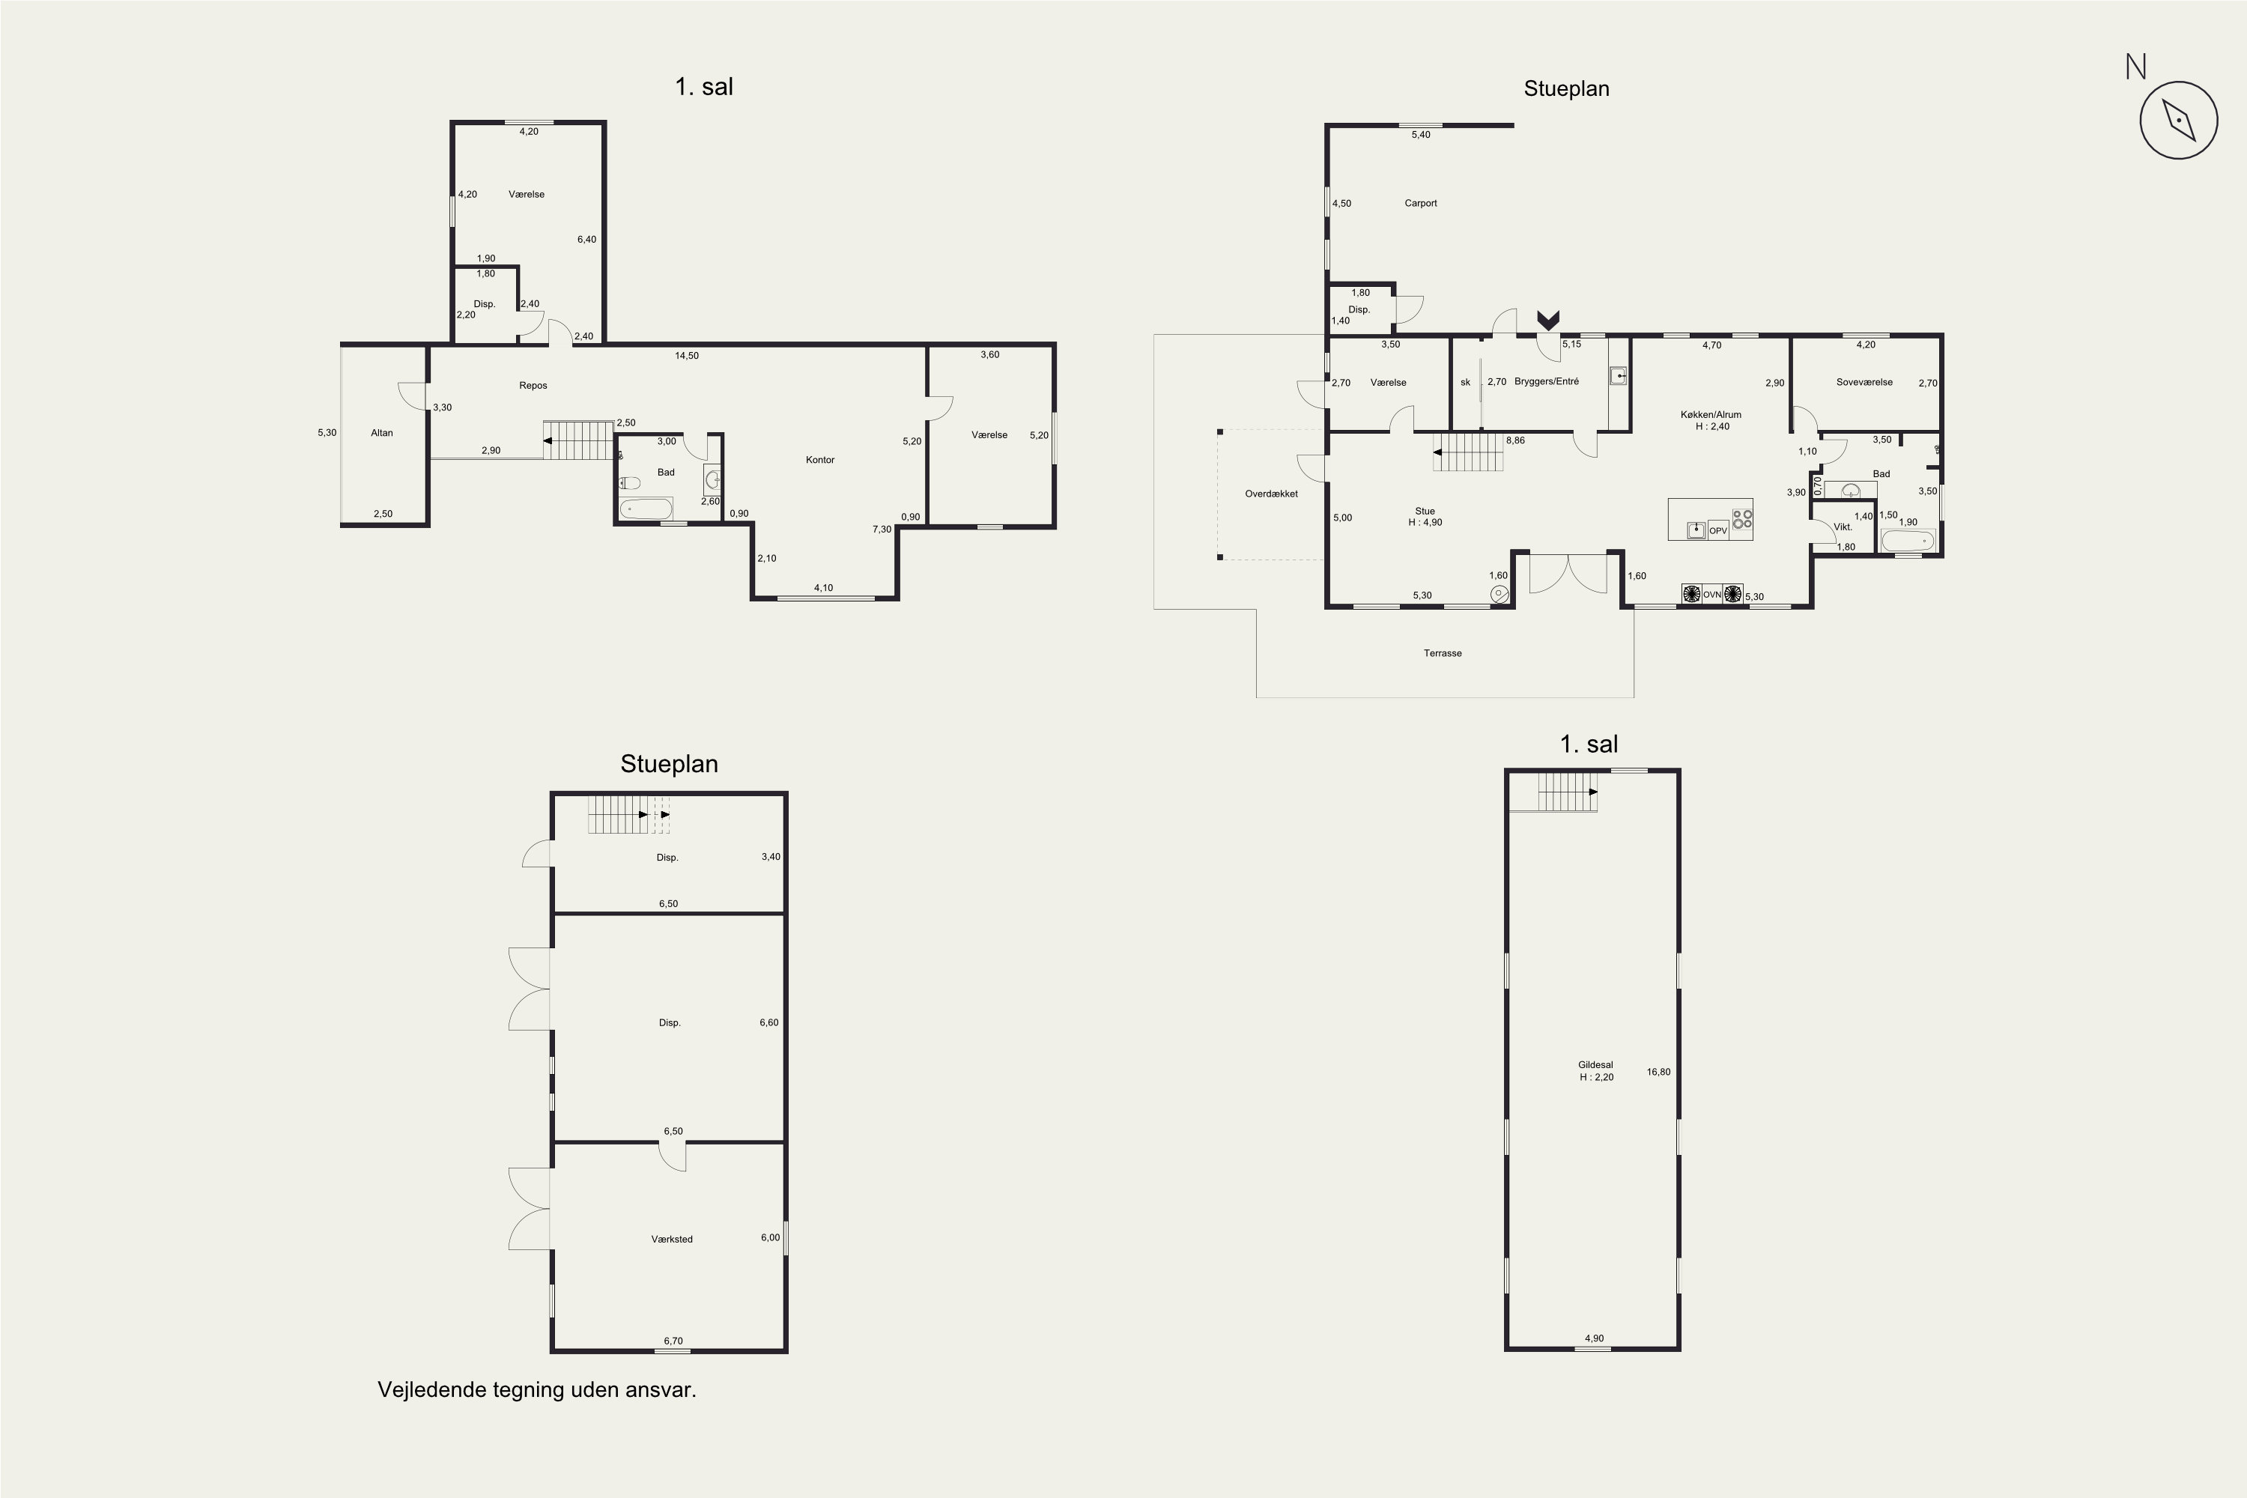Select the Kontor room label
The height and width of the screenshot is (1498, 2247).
tap(819, 460)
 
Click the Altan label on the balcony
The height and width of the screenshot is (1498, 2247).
tap(381, 433)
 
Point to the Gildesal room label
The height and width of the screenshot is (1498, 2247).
tap(1595, 1065)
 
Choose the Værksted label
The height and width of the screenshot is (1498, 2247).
tap(672, 1239)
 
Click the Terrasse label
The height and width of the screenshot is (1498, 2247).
tap(1443, 653)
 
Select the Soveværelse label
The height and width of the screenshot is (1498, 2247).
tap(1864, 382)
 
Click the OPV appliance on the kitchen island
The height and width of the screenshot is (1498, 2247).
tap(1717, 531)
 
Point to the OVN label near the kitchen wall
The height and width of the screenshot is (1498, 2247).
tap(1712, 594)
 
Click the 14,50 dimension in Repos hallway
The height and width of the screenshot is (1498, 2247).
tap(687, 355)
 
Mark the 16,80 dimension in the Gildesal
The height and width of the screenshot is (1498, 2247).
tap(1658, 1072)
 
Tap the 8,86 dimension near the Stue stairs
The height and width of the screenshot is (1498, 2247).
tap(1515, 440)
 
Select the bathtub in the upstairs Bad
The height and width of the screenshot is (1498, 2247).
tap(646, 509)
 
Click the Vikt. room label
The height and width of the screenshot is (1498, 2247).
tap(1843, 527)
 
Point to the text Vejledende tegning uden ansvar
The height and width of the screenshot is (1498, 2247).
tap(537, 1390)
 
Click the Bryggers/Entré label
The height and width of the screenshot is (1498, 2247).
tap(1547, 381)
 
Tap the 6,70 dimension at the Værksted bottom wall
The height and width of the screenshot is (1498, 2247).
tap(673, 1341)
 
